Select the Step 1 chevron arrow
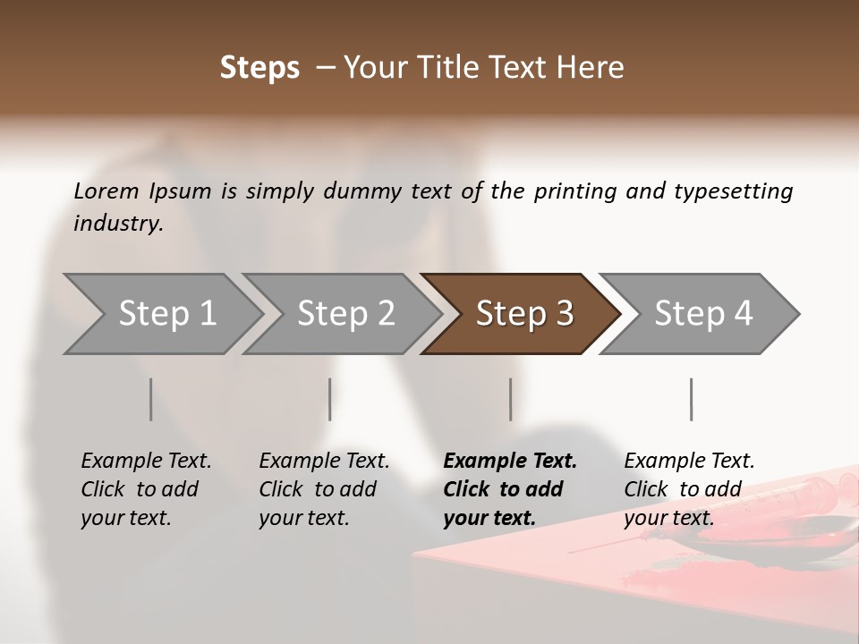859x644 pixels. tap(161, 314)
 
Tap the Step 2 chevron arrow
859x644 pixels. tap(344, 314)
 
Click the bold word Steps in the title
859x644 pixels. tap(259, 68)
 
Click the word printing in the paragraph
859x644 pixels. tap(574, 191)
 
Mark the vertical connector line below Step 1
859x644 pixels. tap(151, 399)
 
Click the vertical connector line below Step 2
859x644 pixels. tap(330, 399)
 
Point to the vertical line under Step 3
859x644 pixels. tap(511, 399)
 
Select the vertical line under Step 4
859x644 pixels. tap(692, 399)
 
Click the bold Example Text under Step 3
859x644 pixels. tap(510, 462)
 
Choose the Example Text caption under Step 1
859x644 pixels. tap(146, 462)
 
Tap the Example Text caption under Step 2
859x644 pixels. tap(324, 462)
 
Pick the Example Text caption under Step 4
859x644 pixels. tap(689, 462)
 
